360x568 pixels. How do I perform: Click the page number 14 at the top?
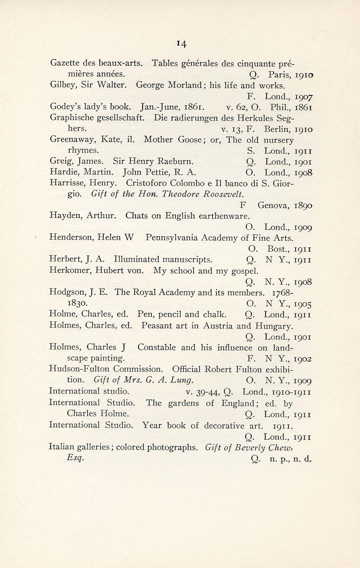[180, 44]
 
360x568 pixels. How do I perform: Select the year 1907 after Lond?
[303, 97]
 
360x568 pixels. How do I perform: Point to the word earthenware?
[224, 216]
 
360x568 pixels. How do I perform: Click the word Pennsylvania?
[171, 238]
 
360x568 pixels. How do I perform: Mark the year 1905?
[303, 304]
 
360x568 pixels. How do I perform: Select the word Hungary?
[274, 326]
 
